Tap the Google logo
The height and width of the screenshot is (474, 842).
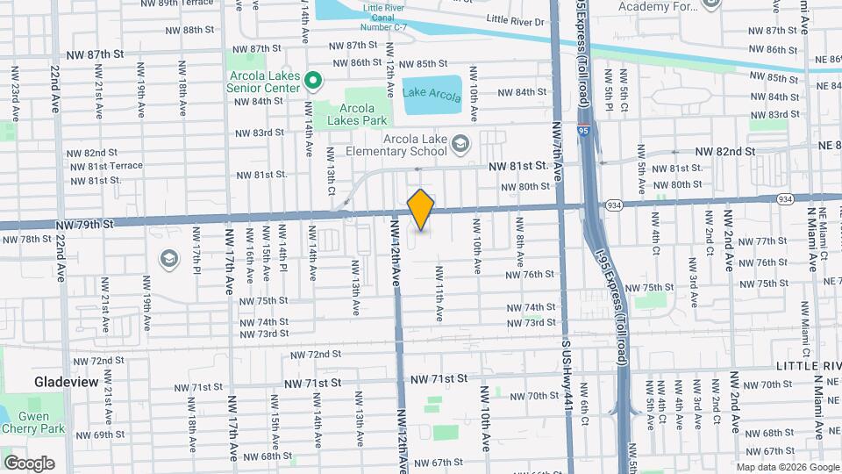(x=29, y=463)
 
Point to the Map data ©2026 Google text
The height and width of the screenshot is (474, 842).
(x=787, y=467)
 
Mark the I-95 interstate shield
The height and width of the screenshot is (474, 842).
(x=583, y=131)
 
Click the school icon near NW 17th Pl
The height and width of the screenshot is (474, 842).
(x=168, y=259)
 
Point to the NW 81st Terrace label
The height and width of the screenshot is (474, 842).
(x=104, y=166)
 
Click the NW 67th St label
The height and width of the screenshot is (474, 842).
(x=438, y=463)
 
